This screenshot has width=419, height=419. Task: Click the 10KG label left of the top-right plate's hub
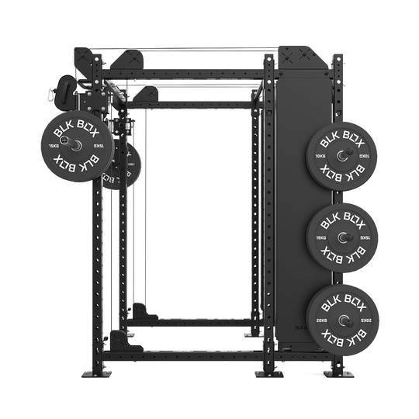320,155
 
